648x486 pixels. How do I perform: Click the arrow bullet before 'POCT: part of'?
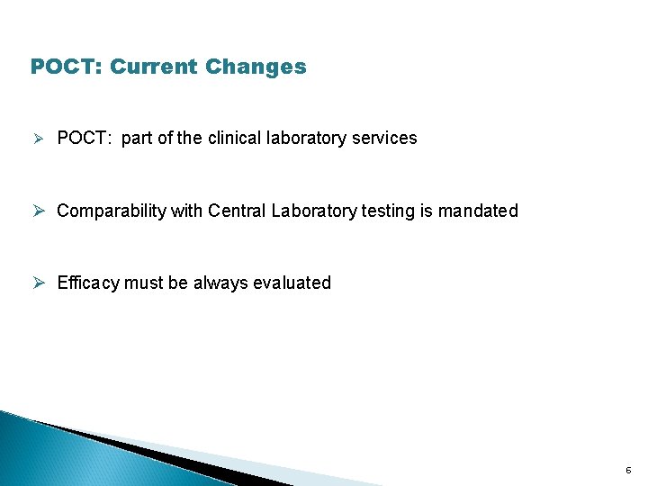coord(37,139)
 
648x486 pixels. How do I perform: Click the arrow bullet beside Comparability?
coord(38,211)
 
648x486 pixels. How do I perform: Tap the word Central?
coord(238,211)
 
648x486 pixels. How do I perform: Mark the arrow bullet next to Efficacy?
coord(38,283)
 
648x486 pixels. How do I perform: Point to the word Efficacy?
coord(88,283)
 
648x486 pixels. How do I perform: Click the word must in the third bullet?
coord(144,283)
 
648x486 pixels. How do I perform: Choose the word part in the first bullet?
coord(136,139)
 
